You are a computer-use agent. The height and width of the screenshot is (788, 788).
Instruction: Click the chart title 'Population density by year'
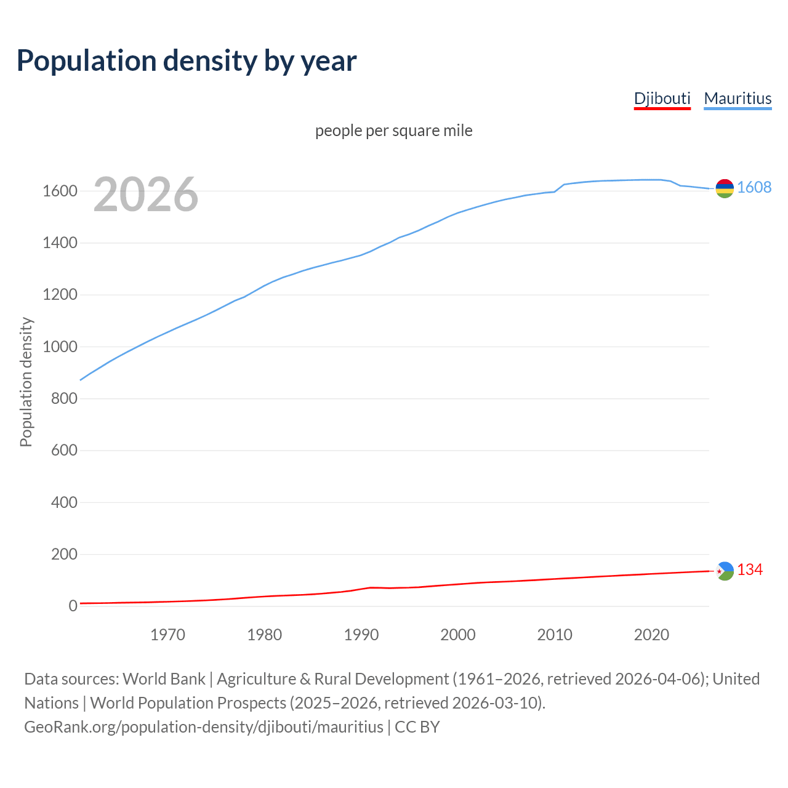[187, 60]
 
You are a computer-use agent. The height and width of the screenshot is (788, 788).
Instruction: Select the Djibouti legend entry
[662, 98]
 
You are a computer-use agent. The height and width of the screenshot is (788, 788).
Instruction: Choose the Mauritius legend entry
[738, 98]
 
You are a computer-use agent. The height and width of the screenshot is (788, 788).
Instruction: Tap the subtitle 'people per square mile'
[393, 131]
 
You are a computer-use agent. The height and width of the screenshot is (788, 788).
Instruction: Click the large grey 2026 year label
[146, 195]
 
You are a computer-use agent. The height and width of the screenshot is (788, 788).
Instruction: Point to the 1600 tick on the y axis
[60, 191]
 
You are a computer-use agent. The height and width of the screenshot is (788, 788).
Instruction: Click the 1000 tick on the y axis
[60, 347]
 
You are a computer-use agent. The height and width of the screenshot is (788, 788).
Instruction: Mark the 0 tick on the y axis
[73, 606]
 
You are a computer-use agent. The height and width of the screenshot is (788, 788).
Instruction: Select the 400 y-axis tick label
[64, 502]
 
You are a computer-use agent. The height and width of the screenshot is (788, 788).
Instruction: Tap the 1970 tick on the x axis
[167, 635]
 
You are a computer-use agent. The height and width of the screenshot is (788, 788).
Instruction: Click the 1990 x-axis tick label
[361, 635]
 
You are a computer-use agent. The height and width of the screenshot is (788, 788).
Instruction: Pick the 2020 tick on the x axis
[651, 635]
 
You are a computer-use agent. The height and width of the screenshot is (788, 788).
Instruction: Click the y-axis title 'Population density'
[26, 382]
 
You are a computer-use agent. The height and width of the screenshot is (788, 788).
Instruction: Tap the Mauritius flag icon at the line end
[725, 188]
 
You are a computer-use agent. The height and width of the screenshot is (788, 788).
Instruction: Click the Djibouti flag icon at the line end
[725, 571]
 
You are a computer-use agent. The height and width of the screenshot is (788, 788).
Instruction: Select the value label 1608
[754, 187]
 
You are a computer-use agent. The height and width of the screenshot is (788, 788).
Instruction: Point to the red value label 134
[750, 570]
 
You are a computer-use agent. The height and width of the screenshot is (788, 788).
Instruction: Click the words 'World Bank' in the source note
[164, 679]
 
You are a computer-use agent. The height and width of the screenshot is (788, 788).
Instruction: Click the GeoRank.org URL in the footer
[203, 727]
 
